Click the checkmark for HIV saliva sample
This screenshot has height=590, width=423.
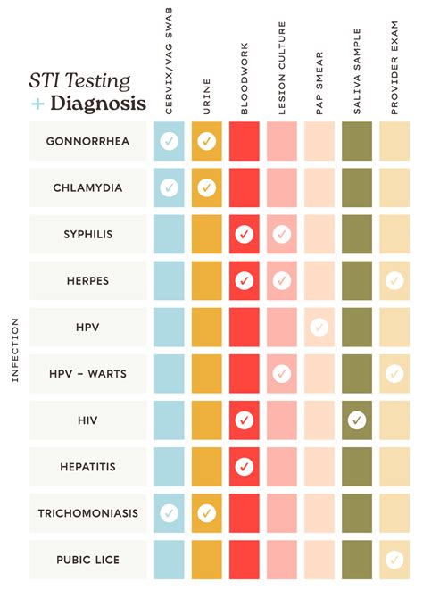(x=357, y=420)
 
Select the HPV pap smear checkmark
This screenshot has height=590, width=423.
(x=319, y=327)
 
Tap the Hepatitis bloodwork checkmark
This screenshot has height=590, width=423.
(x=244, y=466)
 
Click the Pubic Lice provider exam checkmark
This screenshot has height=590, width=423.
(x=394, y=560)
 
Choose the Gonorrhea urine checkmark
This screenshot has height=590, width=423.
(x=206, y=141)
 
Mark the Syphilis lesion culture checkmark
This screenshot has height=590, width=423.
(x=281, y=234)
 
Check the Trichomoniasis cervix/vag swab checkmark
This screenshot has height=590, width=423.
(x=169, y=513)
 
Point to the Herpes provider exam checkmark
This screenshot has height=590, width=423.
(x=394, y=280)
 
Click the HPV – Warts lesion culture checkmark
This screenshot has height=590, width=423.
(x=281, y=373)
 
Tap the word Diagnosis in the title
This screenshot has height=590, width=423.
(x=98, y=103)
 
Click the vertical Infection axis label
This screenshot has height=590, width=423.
(x=14, y=350)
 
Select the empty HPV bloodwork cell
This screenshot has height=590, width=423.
(x=244, y=327)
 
